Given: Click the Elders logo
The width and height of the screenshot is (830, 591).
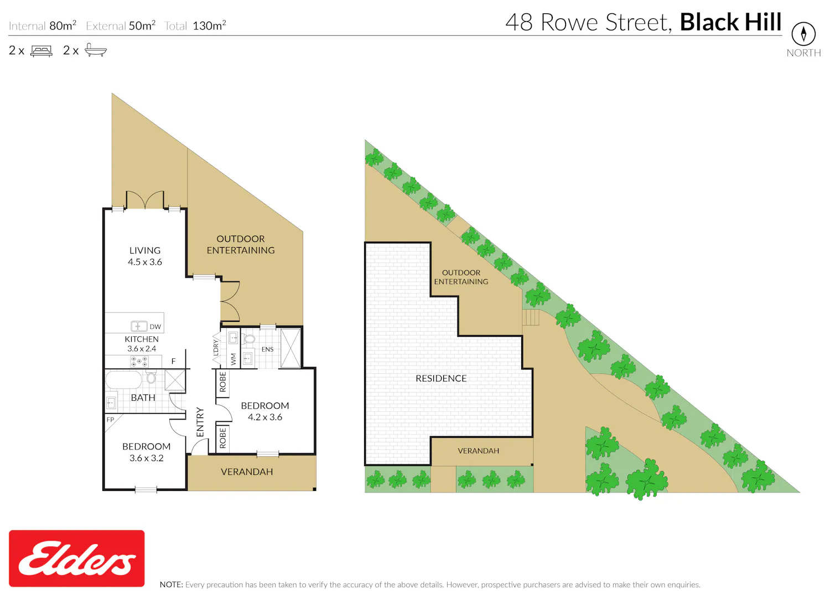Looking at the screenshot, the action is pyautogui.click(x=77, y=558).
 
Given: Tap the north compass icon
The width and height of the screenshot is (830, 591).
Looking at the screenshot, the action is pyautogui.click(x=803, y=34).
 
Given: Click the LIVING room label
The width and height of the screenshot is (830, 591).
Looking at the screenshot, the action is pyautogui.click(x=145, y=250).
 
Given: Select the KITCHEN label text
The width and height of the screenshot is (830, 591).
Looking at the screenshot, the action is pyautogui.click(x=142, y=339).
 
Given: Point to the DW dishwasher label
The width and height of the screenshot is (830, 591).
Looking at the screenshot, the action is pyautogui.click(x=155, y=327).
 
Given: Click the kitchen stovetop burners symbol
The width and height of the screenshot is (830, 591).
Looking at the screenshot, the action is pyautogui.click(x=139, y=361).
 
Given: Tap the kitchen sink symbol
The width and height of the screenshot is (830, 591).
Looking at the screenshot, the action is pyautogui.click(x=139, y=326).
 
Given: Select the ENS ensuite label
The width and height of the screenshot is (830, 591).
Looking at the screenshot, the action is pyautogui.click(x=267, y=349).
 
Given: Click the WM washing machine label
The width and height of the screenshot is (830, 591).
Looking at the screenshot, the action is pyautogui.click(x=234, y=359).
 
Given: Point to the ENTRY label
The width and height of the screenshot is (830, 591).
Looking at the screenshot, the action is pyautogui.click(x=200, y=422).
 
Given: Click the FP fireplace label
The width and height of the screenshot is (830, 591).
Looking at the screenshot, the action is pyautogui.click(x=110, y=420).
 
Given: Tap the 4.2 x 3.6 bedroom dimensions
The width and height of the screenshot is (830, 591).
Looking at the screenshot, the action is pyautogui.click(x=265, y=417).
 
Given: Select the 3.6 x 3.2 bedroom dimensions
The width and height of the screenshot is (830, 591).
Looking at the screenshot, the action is pyautogui.click(x=147, y=458).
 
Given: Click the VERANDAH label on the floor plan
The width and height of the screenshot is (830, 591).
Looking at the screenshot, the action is pyautogui.click(x=247, y=472).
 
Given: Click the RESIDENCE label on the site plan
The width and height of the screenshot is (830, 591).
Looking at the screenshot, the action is pyautogui.click(x=441, y=378).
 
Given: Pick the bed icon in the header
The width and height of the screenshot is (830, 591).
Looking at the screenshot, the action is pyautogui.click(x=41, y=51).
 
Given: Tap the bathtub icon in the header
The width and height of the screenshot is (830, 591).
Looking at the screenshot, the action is pyautogui.click(x=96, y=50).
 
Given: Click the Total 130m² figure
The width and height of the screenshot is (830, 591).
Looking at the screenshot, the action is pyautogui.click(x=195, y=25).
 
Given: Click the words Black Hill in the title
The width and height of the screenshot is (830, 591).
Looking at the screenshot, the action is pyautogui.click(x=731, y=22).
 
